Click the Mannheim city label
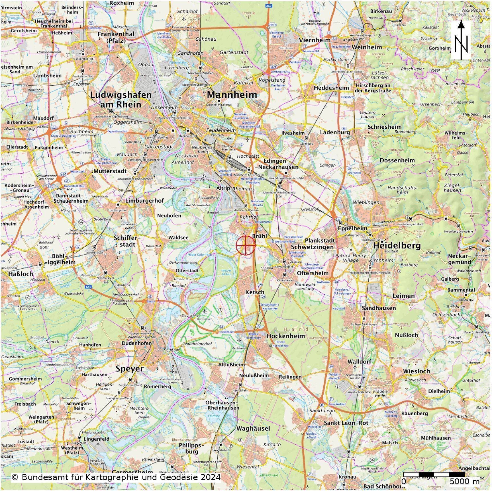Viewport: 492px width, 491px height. click(232, 95)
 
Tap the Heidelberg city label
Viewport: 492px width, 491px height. click(397, 245)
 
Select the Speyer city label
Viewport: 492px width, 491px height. click(130, 369)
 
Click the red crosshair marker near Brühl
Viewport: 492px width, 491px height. click(245, 245)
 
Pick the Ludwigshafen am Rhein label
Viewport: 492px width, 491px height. click(121, 100)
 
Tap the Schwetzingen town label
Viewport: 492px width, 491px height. click(312, 247)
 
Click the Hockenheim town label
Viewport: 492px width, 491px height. click(286, 336)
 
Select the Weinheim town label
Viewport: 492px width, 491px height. click(366, 47)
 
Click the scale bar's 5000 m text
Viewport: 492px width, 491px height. click(465, 482)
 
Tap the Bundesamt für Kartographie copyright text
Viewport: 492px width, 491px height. click(116, 477)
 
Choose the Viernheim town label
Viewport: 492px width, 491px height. click(315, 40)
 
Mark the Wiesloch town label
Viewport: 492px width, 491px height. click(416, 371)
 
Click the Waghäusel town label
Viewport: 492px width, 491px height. click(253, 428)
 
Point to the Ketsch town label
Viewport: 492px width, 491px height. click(255, 292)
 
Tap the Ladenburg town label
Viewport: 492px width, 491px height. click(335, 132)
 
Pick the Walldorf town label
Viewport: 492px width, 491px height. click(359, 361)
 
